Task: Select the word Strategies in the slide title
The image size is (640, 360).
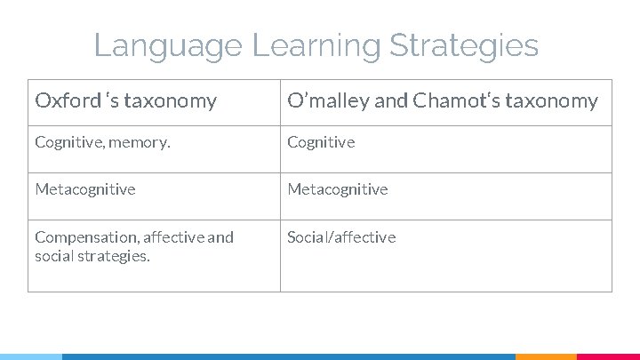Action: (x=466, y=45)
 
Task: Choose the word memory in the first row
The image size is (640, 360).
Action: (x=140, y=142)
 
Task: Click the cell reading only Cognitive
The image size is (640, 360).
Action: (x=321, y=142)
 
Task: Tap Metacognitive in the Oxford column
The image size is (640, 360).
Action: (x=85, y=189)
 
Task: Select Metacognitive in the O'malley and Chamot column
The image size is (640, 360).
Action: (x=338, y=189)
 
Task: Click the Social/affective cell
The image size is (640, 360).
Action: (x=341, y=237)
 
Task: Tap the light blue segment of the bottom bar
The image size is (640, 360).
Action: (x=31, y=356)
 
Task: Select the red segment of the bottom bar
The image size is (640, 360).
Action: (x=609, y=356)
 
